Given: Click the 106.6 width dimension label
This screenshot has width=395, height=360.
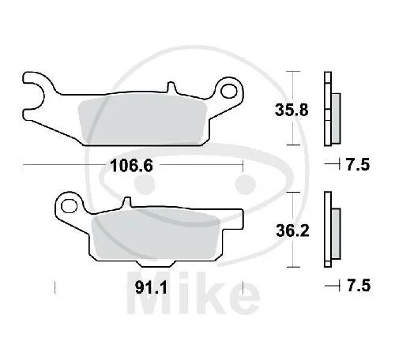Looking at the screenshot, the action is [x=131, y=166].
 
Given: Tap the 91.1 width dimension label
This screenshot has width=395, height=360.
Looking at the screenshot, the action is [x=151, y=287].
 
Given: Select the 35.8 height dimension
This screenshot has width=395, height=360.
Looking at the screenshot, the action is [x=292, y=110].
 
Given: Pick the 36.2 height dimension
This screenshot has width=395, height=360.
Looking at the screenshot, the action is [x=292, y=231].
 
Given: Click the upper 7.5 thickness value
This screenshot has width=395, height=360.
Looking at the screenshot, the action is [x=357, y=164].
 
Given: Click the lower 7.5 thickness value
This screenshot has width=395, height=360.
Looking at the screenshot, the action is [x=359, y=286].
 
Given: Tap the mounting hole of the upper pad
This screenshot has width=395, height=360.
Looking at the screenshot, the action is [x=229, y=91].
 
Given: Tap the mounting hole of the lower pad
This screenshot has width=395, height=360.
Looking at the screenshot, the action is [x=69, y=206].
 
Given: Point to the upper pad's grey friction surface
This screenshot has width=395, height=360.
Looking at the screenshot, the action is [x=142, y=118].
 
